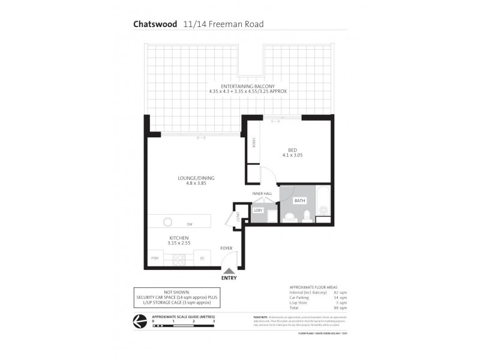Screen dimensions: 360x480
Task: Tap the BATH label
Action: (x=299, y=200)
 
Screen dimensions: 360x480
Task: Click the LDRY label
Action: (x=259, y=211)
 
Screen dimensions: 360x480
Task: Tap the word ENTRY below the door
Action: (x=229, y=278)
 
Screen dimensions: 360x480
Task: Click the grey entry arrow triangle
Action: (x=229, y=271)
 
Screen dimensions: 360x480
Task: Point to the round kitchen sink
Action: (x=169, y=221)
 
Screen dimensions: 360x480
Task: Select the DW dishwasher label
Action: (x=189, y=224)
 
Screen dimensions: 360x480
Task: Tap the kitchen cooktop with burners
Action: (x=179, y=259)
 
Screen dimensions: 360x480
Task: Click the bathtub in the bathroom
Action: (x=323, y=207)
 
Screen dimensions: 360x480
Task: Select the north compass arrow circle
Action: (x=139, y=322)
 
